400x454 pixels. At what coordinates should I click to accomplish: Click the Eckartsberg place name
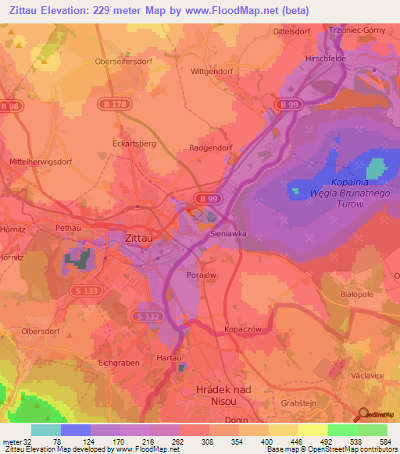pyautogui.click(x=135, y=144)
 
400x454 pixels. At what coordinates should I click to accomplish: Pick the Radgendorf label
pyautogui.click(x=211, y=147)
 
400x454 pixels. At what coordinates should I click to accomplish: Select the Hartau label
pyautogui.click(x=170, y=356)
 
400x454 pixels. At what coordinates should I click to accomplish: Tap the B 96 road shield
pyautogui.click(x=9, y=105)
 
